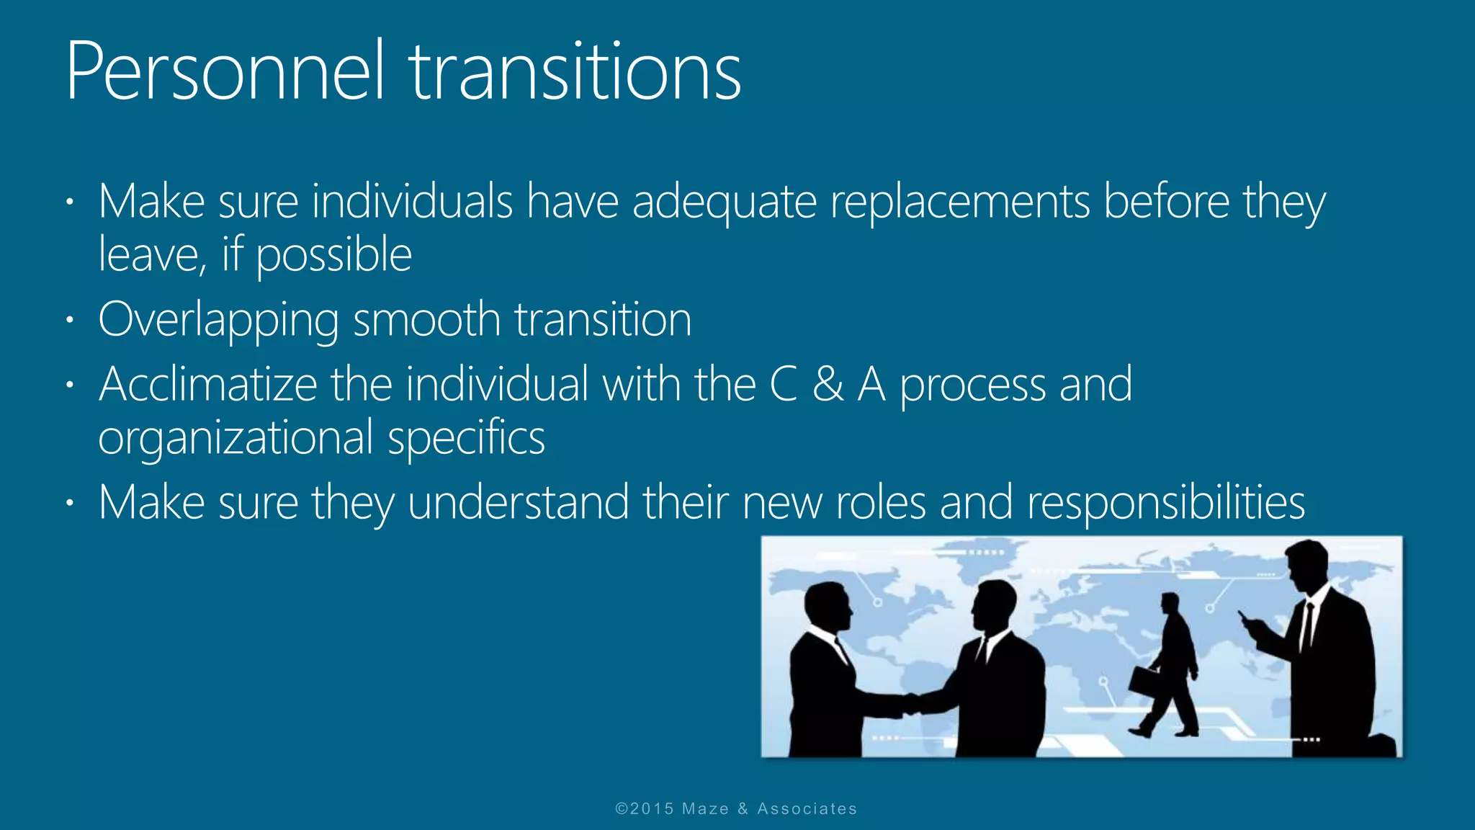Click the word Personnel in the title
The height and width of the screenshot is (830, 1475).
point(225,72)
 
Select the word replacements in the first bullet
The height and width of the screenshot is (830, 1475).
point(959,202)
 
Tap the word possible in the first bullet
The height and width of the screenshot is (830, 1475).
point(333,256)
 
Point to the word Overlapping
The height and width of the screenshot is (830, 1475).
point(218,320)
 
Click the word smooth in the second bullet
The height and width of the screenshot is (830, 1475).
point(426,320)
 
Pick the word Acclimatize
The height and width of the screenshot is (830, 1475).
point(207,384)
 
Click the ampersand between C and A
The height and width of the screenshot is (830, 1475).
point(828,385)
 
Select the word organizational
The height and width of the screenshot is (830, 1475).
point(236,438)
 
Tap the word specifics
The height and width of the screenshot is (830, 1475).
point(466,438)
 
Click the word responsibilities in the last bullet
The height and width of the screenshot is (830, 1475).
point(1165,502)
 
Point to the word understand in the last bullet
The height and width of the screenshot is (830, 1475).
point(518,502)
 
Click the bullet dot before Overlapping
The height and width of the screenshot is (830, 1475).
point(69,319)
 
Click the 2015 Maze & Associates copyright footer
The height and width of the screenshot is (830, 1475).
point(736,808)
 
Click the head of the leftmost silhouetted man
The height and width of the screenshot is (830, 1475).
point(826,604)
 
